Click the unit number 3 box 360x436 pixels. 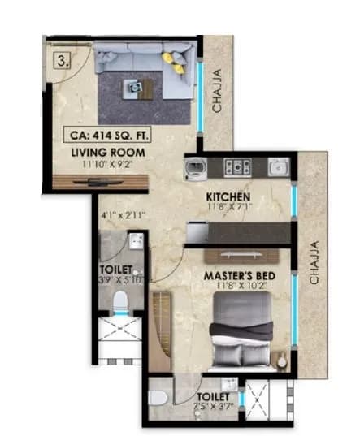[x=62, y=59]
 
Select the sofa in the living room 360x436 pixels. [x=143, y=61]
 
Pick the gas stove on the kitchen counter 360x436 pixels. [x=236, y=166]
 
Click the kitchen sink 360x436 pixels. [x=278, y=166]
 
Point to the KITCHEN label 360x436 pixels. [x=228, y=198]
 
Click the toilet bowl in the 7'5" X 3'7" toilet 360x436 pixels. [x=160, y=398]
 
